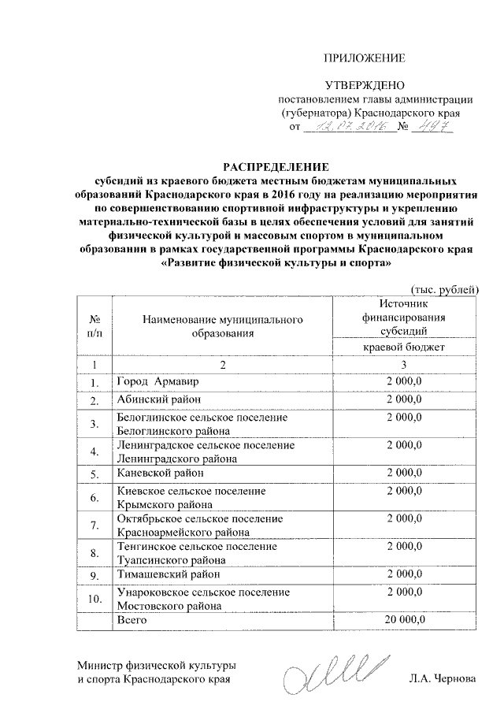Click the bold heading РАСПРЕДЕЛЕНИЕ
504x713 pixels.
tap(275, 166)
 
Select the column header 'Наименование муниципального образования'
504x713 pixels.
tap(223, 327)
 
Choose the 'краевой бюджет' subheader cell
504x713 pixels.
tap(403, 347)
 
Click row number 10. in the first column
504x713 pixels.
tap(94, 599)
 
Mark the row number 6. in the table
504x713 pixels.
tap(94, 498)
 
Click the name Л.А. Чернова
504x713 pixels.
tap(443, 678)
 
